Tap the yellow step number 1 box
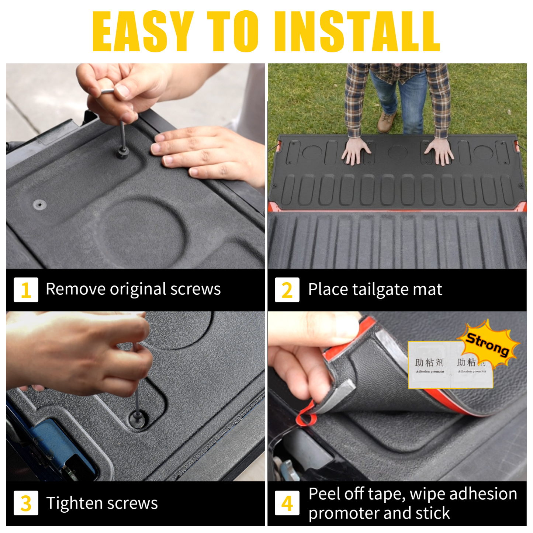click(26, 290)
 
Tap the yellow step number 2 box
click(287, 290)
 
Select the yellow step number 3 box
click(26, 503)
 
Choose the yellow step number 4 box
click(287, 503)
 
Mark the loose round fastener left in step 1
click(39, 204)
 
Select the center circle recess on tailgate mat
click(397, 152)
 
